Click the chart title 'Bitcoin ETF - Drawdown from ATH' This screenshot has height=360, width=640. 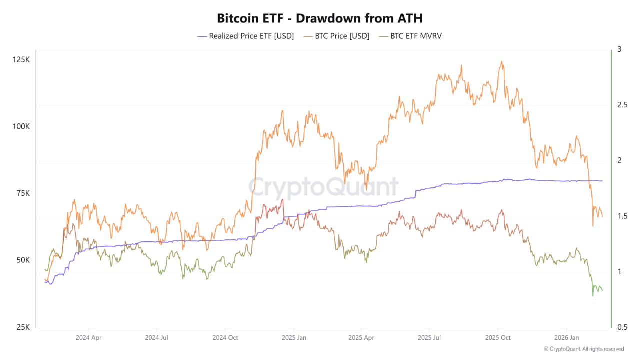point(320,18)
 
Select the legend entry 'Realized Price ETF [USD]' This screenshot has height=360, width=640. point(245,36)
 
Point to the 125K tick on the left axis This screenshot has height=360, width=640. point(21,60)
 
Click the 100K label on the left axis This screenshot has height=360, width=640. point(21,126)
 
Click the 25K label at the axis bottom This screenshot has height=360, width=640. point(23,327)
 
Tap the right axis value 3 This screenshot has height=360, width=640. point(619,49)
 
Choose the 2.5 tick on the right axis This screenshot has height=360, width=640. point(622,105)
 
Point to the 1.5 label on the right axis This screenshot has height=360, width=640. point(622,216)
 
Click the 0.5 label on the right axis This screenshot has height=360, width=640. point(622,327)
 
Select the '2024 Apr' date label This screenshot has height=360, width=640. point(89,337)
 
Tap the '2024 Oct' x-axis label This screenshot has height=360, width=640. point(225,337)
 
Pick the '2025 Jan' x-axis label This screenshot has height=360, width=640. point(294,337)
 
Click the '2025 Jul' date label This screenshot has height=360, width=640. point(430,337)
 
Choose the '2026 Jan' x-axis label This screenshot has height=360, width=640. point(567,337)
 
